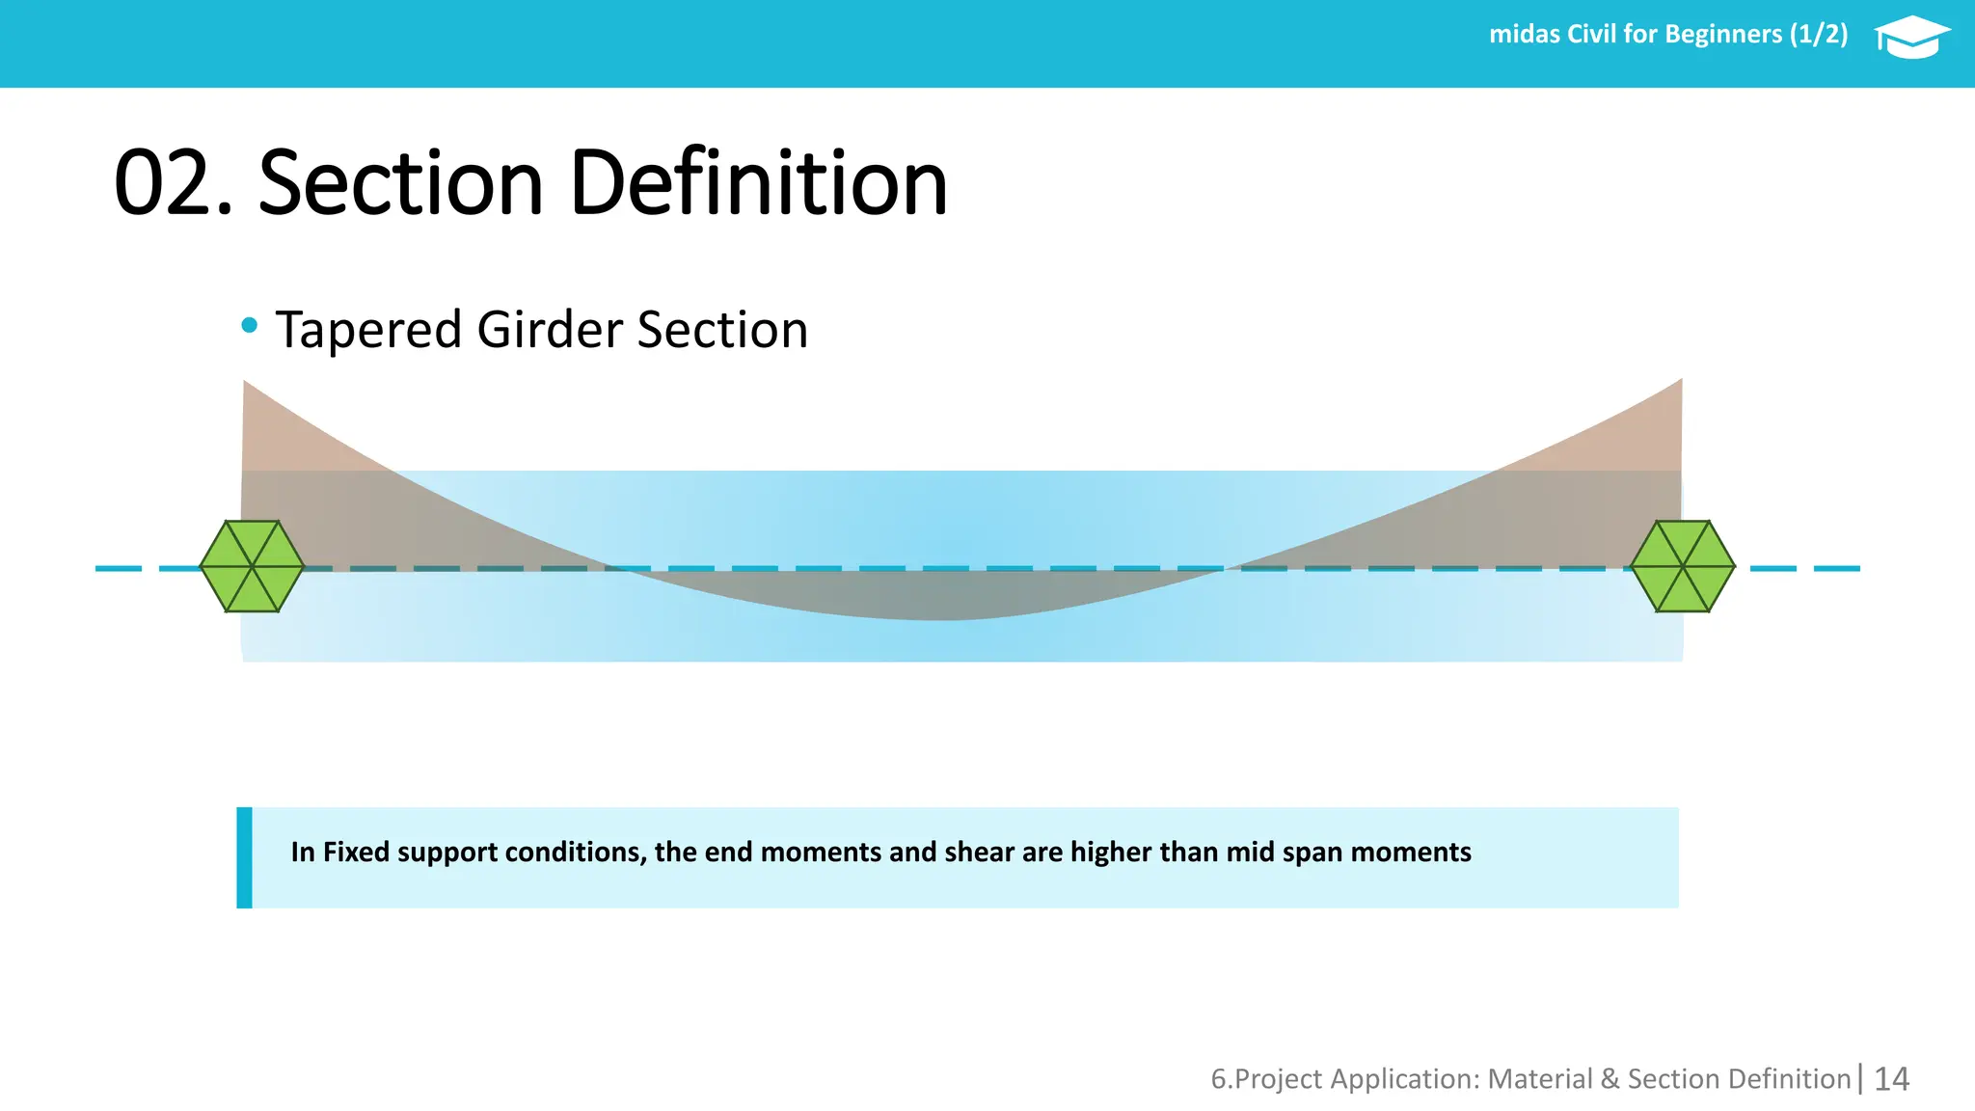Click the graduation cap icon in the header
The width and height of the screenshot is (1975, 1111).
(x=1911, y=38)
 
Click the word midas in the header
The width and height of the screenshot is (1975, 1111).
(x=1525, y=35)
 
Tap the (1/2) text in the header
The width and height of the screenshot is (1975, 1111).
(x=1819, y=35)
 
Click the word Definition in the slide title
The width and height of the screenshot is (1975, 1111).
(x=758, y=183)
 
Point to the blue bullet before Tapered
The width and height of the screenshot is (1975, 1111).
(x=250, y=326)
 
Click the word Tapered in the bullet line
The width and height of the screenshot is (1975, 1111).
(x=368, y=331)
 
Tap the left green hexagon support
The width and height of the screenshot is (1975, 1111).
(x=252, y=566)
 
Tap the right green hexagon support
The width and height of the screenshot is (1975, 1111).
(x=1683, y=566)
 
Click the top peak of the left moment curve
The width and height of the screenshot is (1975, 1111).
(x=246, y=386)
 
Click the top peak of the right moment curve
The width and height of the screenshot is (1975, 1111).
(x=1679, y=384)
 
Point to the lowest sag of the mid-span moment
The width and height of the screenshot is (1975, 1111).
(x=940, y=615)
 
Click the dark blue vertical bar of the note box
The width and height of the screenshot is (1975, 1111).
(x=245, y=857)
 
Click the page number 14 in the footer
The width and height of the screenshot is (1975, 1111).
(x=1891, y=1078)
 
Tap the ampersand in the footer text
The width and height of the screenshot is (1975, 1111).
(x=1610, y=1078)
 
